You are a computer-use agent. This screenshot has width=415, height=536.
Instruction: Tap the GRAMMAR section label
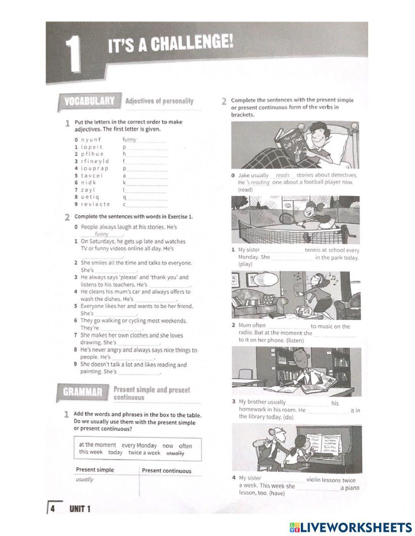83,392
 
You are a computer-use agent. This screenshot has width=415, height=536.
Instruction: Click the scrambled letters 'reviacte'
95,204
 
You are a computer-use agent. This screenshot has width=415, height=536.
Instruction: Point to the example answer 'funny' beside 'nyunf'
130,140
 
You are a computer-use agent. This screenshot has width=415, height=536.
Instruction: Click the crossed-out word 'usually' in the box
176,453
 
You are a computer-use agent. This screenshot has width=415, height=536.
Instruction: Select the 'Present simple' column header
95,470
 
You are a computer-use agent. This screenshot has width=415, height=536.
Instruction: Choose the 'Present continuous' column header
166,471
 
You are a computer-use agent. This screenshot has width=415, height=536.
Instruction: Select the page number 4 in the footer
53,509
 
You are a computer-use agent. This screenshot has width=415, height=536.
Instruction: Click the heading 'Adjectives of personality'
159,101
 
